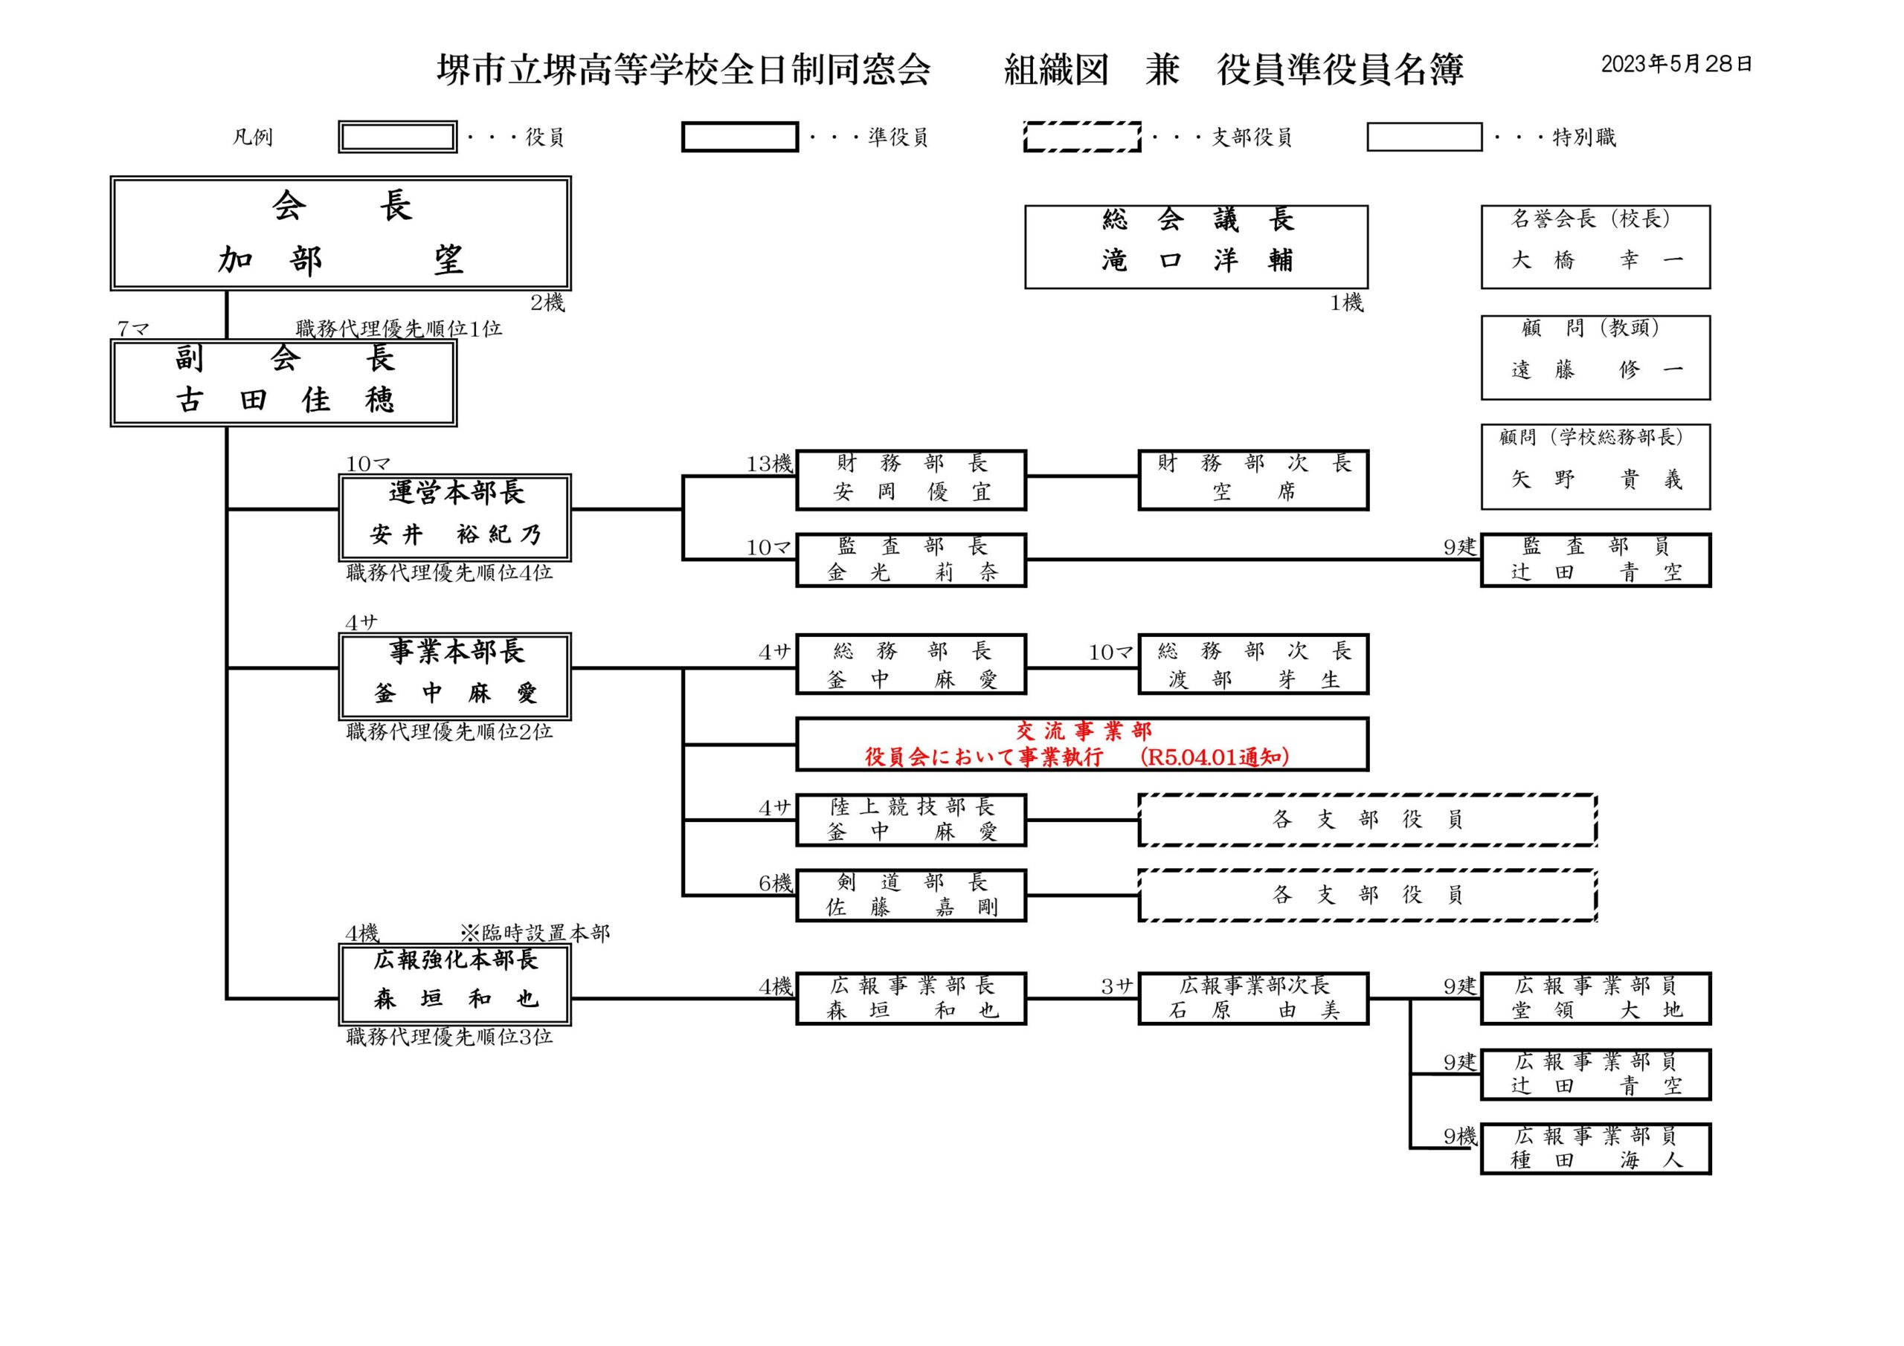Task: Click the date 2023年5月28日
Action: coord(1676,65)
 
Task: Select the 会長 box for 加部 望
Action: coord(340,233)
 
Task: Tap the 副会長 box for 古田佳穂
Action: coord(283,383)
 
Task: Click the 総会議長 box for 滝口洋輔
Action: coord(1196,246)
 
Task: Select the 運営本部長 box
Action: coord(455,517)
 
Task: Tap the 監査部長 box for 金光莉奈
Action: coord(910,560)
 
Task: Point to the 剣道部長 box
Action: coord(910,895)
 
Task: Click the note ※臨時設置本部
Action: coord(535,934)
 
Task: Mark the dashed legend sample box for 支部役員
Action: coord(1081,137)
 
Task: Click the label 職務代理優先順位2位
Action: coord(448,732)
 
